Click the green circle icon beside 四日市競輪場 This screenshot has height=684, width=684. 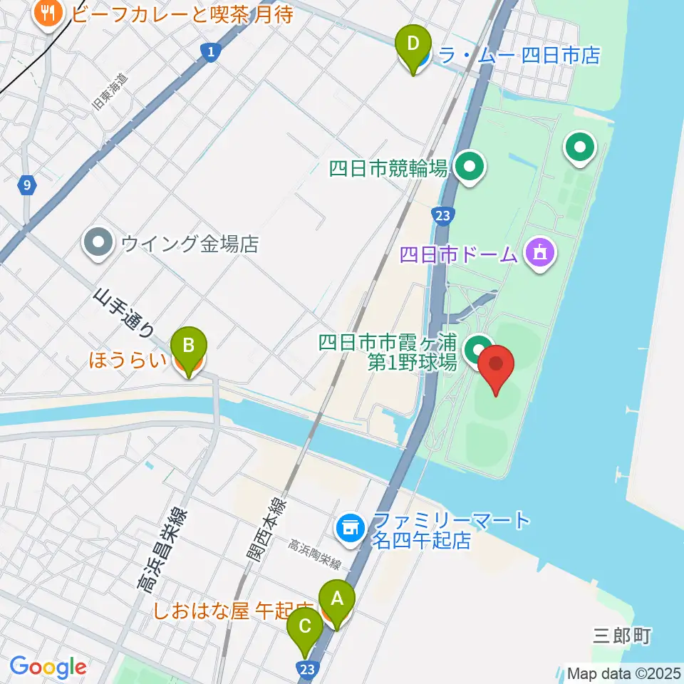469,168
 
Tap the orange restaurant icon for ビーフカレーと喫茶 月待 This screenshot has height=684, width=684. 48,14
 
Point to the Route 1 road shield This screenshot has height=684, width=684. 209,51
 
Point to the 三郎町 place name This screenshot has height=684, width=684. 623,636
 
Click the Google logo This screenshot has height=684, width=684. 48,667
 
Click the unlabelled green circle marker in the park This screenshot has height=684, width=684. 580,148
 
